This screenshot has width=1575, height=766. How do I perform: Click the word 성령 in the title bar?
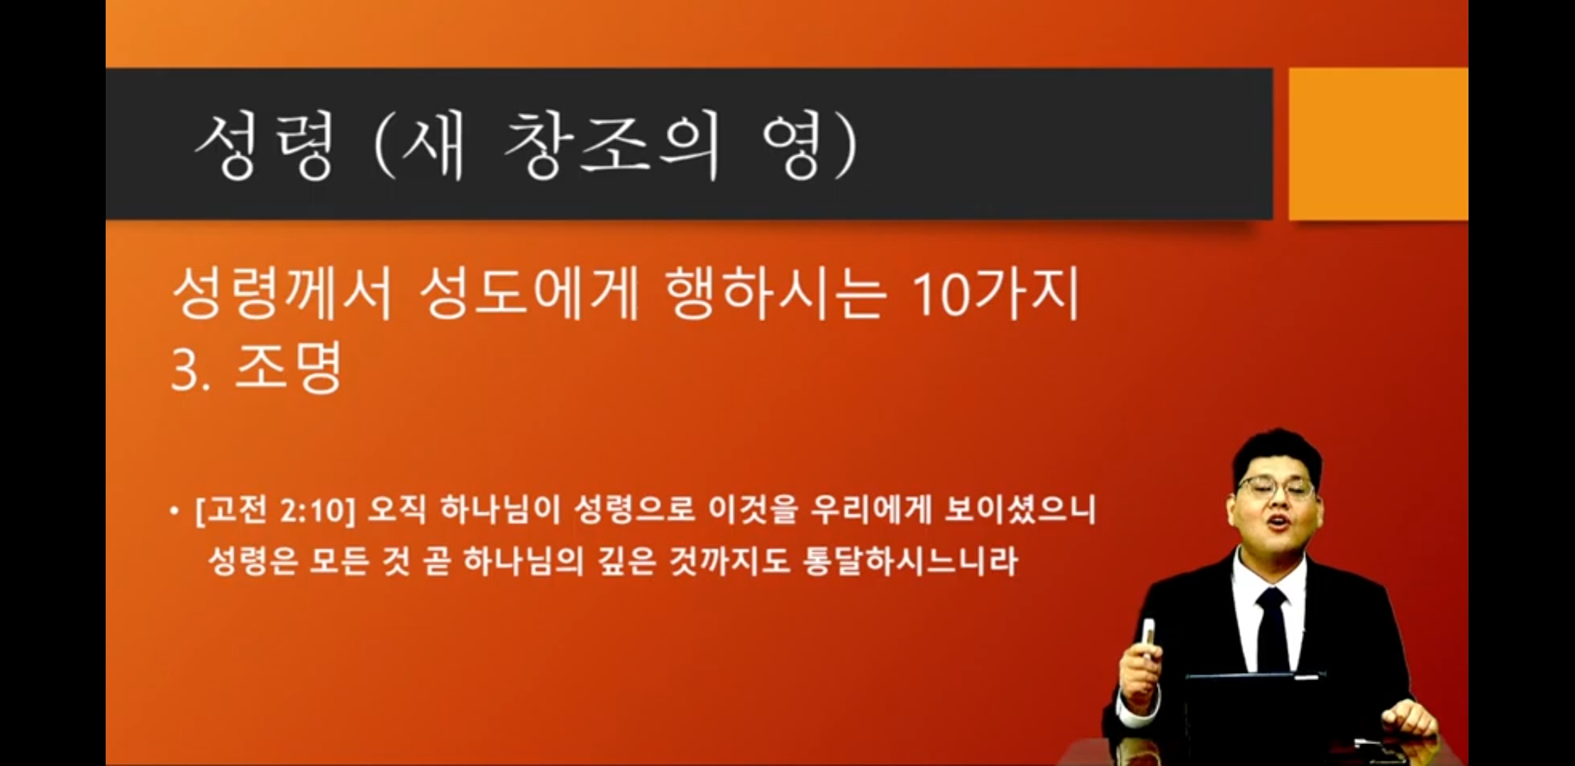click(264, 146)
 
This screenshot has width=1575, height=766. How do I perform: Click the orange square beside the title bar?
click(1378, 144)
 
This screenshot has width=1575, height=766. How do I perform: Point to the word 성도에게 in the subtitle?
click(529, 293)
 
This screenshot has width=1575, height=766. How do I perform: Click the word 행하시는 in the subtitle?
click(775, 293)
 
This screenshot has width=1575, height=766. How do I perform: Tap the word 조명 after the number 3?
click(288, 367)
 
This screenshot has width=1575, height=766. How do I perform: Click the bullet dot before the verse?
click(175, 511)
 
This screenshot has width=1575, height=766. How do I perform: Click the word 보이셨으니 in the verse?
click(1021, 510)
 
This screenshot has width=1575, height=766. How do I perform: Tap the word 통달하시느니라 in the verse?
click(911, 561)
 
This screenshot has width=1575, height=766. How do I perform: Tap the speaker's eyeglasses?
click(1275, 488)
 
